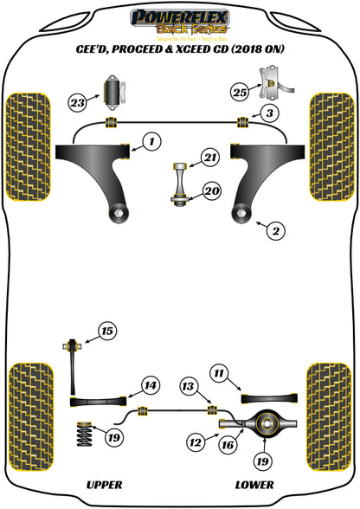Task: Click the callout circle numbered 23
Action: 77,101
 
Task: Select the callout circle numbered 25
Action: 240,91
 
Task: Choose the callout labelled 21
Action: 210,157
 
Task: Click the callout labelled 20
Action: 210,191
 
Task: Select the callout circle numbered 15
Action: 106,331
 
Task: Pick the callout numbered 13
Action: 190,386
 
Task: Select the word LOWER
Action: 250,485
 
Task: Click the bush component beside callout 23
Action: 111,91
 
